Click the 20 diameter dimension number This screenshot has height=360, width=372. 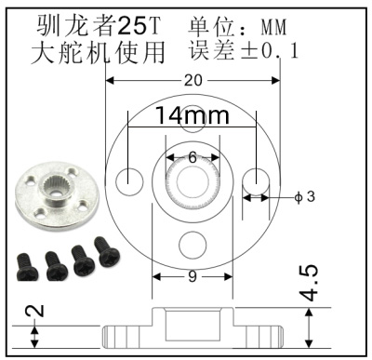[x=193, y=81]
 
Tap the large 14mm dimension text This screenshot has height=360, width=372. [x=193, y=116]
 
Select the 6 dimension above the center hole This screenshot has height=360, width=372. [x=193, y=157]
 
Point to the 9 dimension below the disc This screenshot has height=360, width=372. [x=193, y=276]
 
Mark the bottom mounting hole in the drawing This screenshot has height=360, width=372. [x=193, y=245]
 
